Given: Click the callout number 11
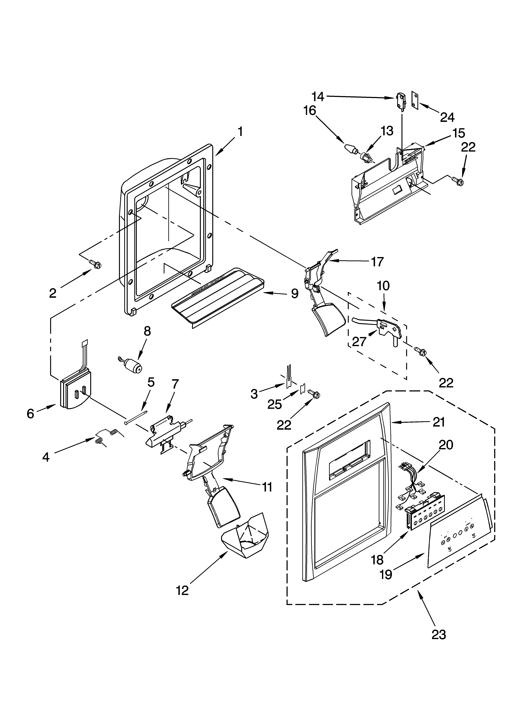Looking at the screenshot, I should click(x=267, y=487).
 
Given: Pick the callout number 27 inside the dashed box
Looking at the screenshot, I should click(x=359, y=341).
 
